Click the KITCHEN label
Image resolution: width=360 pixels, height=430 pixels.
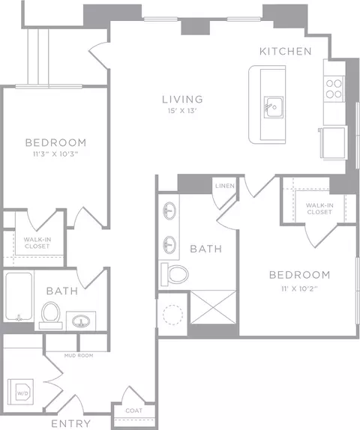[x=286, y=51]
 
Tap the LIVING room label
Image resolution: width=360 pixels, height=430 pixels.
[x=182, y=100]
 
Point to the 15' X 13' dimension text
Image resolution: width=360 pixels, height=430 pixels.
[x=182, y=111]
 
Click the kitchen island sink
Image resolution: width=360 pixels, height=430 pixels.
[x=274, y=107]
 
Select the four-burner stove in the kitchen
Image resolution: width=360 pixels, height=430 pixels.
[x=334, y=89]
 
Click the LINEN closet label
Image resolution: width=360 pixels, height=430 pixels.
[x=225, y=186]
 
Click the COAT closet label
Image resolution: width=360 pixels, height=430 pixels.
[x=134, y=411]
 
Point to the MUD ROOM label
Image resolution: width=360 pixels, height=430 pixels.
[x=79, y=355]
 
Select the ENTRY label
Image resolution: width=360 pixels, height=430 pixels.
[x=70, y=423]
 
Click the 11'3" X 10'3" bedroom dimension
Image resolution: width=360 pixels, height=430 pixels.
[x=55, y=154]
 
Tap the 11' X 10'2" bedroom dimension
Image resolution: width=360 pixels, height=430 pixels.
[x=299, y=288]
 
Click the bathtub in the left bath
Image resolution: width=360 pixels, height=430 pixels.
[x=19, y=297]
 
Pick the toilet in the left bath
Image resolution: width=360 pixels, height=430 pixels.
[x=51, y=315]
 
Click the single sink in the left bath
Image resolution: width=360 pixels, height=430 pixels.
[x=81, y=321]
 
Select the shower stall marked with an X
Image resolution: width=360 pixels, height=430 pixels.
[x=213, y=307]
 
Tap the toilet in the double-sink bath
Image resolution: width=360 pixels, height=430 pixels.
[x=175, y=274]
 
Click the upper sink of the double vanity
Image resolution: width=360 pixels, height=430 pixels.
[x=169, y=211]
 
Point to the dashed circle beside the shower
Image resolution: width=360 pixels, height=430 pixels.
[x=172, y=315]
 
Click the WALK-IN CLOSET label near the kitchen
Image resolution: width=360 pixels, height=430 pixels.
[x=319, y=209]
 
